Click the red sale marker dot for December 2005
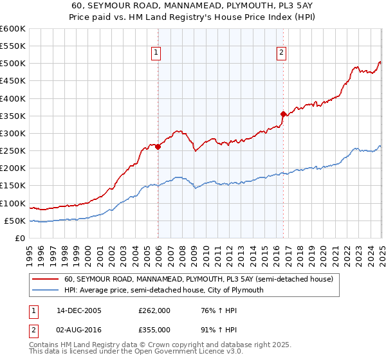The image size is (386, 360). coord(158,147)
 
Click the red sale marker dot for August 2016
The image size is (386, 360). coord(283,114)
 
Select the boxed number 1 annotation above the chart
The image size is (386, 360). coord(157,53)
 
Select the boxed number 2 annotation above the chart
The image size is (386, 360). coord(282,53)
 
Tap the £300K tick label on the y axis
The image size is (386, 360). coord(13,134)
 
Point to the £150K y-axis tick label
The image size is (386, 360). coord(13,186)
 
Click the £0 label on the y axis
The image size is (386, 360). coord(21,238)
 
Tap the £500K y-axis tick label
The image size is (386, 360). coord(13,64)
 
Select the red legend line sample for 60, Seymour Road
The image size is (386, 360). coord(46,280)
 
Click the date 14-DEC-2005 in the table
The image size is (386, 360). coord(78,310)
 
